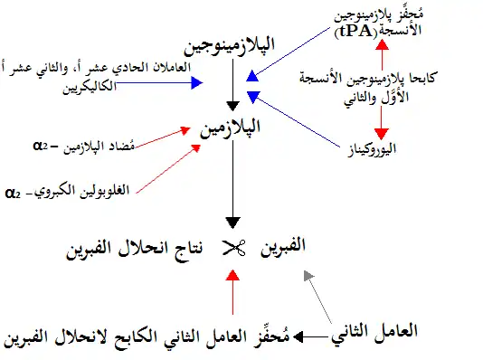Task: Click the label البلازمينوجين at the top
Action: (x=230, y=46)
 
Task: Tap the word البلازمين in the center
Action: (x=230, y=128)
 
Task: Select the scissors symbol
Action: (x=233, y=248)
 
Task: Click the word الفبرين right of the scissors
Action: (x=283, y=247)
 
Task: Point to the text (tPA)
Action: (x=355, y=32)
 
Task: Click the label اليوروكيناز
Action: (x=372, y=149)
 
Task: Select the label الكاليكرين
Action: (x=90, y=87)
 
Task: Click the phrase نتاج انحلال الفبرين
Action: (x=135, y=248)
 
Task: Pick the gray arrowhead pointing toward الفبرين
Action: (x=308, y=275)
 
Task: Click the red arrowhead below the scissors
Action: (x=232, y=275)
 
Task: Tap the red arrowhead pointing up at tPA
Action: (x=383, y=44)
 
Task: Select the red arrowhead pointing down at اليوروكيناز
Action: (x=382, y=134)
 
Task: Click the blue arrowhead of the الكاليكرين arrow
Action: (x=197, y=82)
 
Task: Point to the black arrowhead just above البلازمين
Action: (x=232, y=106)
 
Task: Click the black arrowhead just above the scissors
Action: (x=232, y=223)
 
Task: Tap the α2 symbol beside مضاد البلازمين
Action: (x=41, y=146)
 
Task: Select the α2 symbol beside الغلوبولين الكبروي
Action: (x=13, y=194)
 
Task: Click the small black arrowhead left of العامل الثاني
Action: (x=298, y=336)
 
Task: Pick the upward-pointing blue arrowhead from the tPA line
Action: (x=252, y=76)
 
